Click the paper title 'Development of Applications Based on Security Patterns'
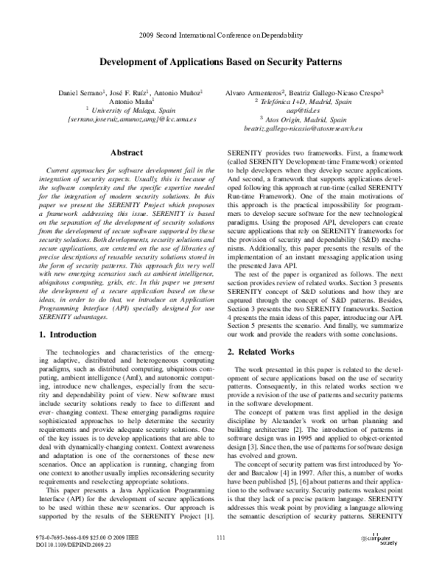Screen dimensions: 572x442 (220, 63)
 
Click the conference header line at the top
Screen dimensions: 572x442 (220, 35)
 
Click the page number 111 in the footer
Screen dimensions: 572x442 (220, 540)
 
